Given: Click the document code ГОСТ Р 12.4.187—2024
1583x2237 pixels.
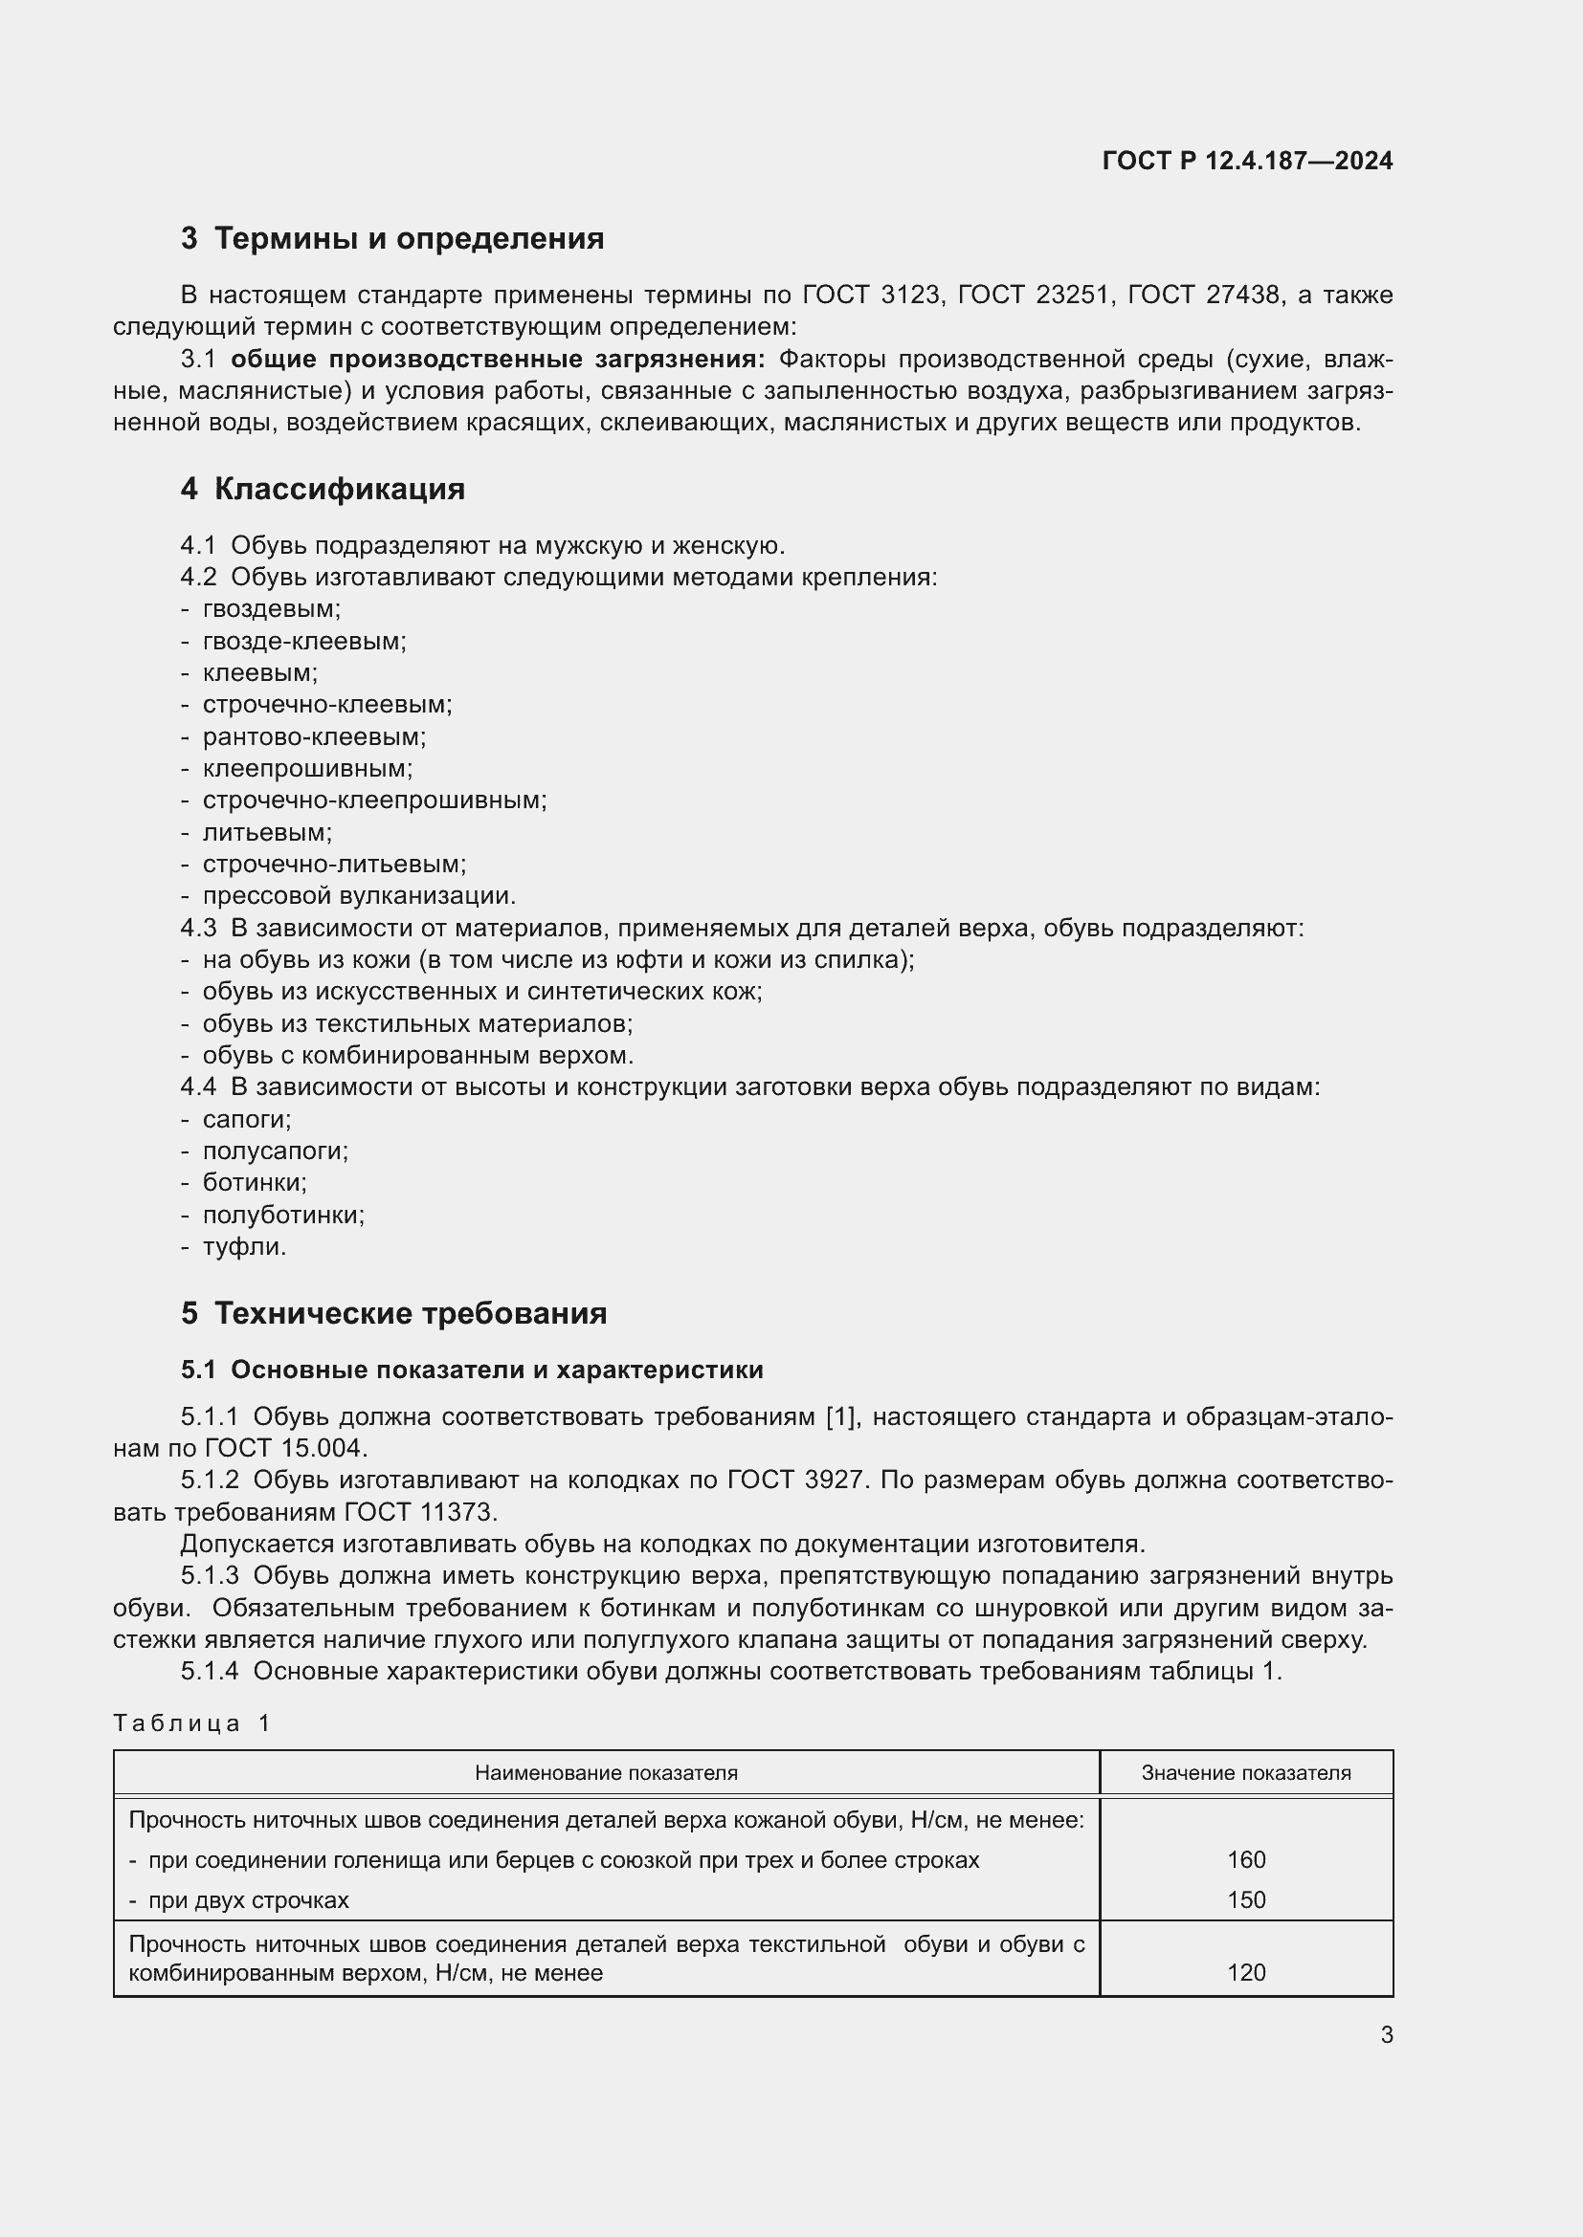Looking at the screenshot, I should click(x=1247, y=161).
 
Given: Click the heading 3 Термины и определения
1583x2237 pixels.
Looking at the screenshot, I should click(x=391, y=239).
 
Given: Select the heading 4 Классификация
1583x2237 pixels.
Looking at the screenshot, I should click(x=323, y=489).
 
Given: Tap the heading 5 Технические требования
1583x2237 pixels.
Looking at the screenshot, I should click(x=393, y=1313).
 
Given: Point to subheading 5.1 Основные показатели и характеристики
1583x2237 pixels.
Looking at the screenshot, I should click(x=472, y=1370).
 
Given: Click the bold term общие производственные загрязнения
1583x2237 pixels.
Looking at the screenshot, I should click(x=498, y=360).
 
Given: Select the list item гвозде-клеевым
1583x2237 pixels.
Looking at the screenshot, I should click(x=304, y=641).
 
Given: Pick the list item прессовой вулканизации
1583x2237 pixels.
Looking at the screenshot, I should click(x=359, y=895).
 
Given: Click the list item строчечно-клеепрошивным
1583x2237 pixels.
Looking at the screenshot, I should click(x=374, y=800).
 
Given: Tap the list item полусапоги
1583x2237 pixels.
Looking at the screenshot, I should click(x=275, y=1151).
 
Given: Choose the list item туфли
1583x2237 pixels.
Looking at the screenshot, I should click(x=245, y=1246).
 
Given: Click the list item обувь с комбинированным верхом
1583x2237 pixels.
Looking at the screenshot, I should click(x=418, y=1055).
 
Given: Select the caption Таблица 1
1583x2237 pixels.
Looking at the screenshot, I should click(x=192, y=1723).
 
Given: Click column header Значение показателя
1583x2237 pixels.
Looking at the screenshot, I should click(x=1246, y=1773).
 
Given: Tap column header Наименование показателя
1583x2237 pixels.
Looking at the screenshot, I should click(x=605, y=1773).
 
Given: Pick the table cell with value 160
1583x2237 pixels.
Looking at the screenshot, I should click(x=1246, y=1860).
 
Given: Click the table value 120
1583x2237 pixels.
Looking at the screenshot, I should click(x=1246, y=1973).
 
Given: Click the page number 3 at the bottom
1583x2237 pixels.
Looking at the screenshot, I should click(x=1386, y=2035).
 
